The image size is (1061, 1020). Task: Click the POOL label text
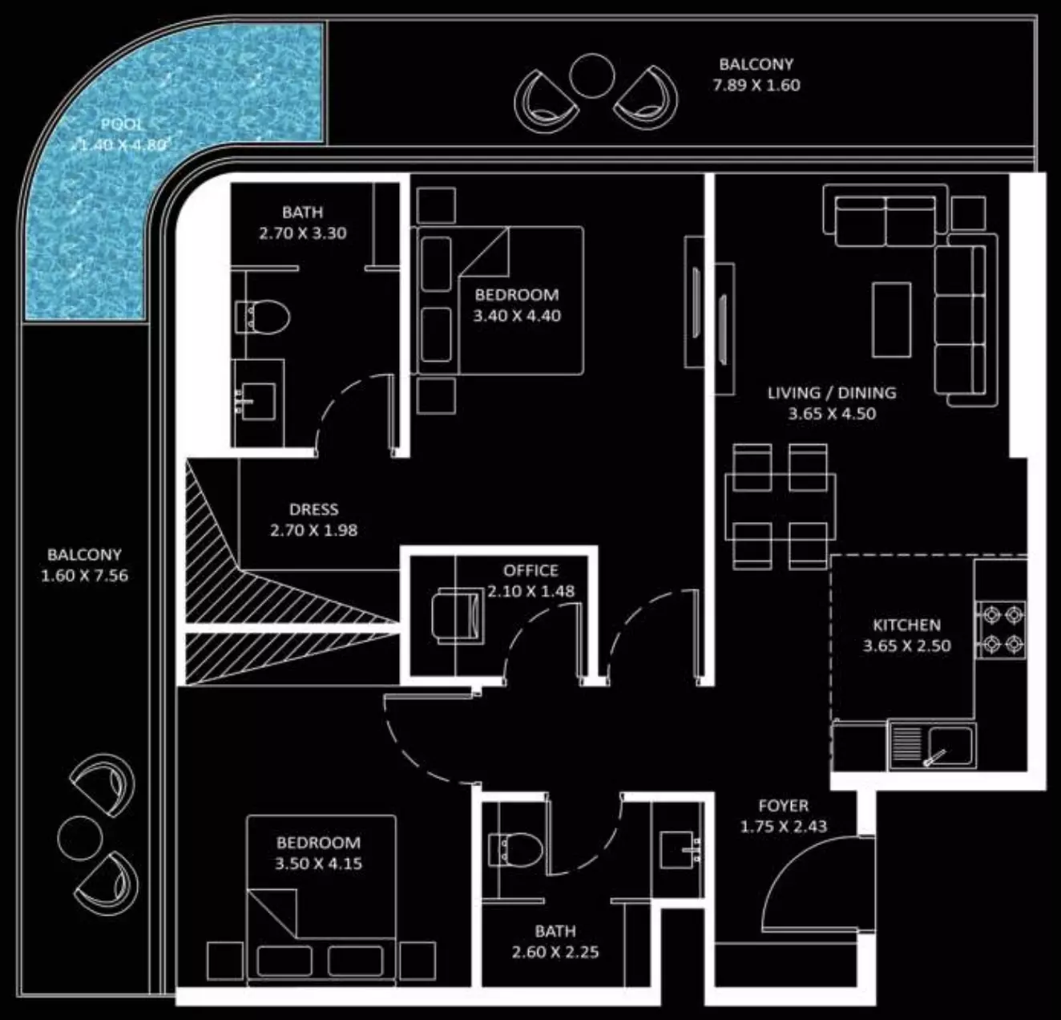click(122, 125)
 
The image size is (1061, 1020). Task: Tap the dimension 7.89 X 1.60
click(756, 85)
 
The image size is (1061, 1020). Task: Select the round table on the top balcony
click(591, 76)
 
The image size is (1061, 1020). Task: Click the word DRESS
click(313, 509)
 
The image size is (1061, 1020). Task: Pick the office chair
click(457, 617)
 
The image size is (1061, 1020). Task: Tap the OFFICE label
click(530, 571)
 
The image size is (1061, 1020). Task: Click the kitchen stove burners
click(1000, 630)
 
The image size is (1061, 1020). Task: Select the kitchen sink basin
click(950, 746)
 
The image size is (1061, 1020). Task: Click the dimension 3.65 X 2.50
click(906, 646)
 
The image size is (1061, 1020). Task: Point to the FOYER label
click(784, 806)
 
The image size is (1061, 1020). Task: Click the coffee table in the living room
click(891, 320)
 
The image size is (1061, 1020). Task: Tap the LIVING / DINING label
click(832, 393)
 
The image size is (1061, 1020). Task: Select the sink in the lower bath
click(680, 850)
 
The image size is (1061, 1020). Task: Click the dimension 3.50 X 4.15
click(318, 864)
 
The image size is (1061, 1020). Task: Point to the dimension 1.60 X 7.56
click(84, 576)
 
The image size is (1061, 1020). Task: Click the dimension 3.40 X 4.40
click(517, 316)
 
